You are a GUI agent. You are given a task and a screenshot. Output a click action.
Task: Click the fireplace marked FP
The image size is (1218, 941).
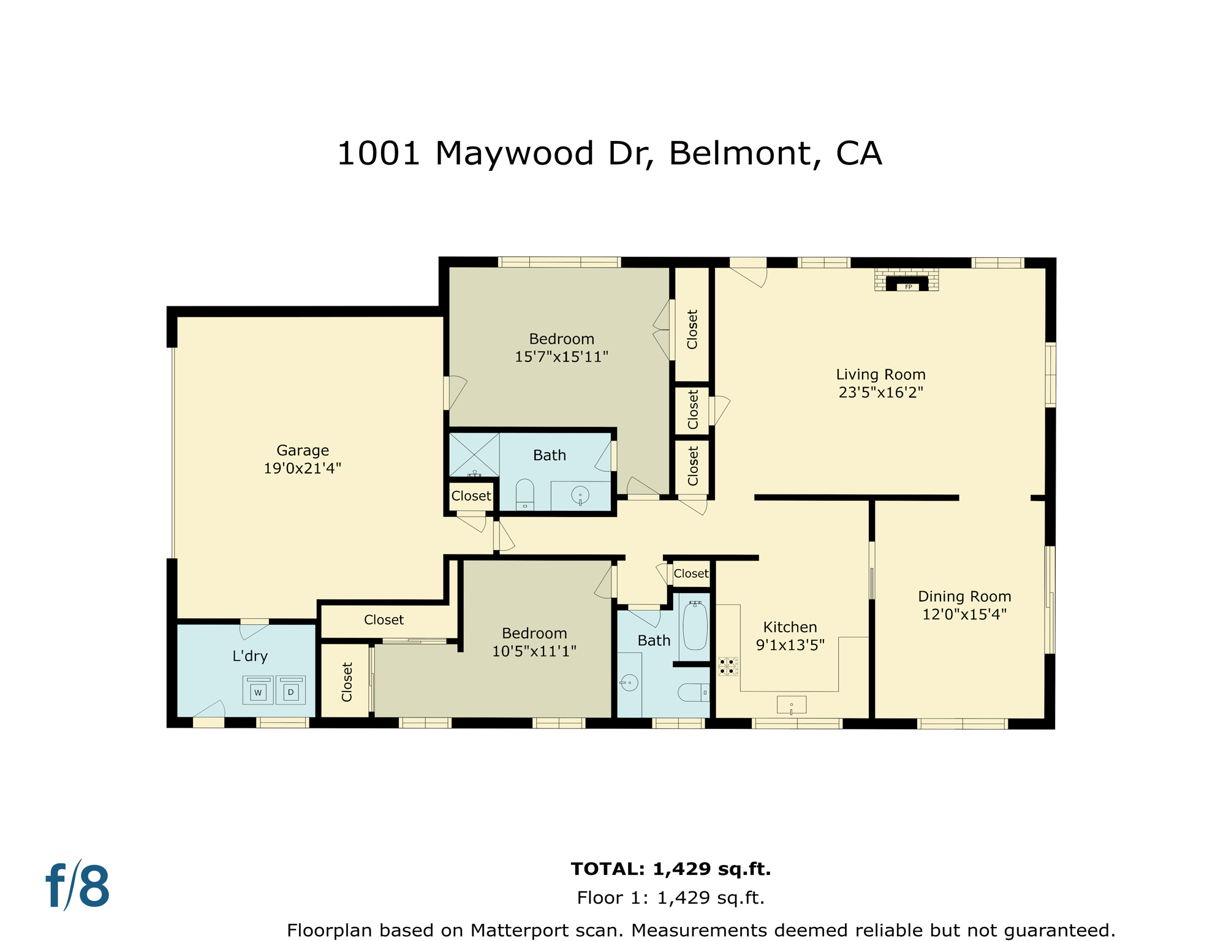point(907,284)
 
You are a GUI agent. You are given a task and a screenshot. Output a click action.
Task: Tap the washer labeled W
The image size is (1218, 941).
point(258,692)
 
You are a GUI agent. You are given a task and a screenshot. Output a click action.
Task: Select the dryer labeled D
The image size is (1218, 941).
point(291,692)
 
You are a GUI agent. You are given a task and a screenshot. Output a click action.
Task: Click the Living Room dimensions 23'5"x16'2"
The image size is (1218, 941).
point(880,393)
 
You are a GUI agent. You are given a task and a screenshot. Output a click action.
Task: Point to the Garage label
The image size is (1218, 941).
point(303,451)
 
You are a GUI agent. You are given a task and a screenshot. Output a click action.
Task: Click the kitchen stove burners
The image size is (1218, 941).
point(727,667)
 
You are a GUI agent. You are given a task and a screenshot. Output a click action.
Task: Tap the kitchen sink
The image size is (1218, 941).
point(791,705)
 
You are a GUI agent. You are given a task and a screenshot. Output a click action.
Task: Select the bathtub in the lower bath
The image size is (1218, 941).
point(695,626)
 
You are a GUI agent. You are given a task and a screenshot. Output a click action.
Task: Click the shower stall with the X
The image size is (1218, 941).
point(474,455)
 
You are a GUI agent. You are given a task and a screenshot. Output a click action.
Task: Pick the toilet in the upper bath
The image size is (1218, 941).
point(525,494)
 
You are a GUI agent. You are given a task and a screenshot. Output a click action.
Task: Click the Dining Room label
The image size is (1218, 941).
point(964,597)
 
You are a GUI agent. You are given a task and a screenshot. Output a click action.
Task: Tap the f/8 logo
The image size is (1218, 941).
point(78,886)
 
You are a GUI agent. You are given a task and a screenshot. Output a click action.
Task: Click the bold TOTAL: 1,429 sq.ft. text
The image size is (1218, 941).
point(670,869)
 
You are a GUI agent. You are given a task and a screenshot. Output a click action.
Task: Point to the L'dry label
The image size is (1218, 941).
point(250,656)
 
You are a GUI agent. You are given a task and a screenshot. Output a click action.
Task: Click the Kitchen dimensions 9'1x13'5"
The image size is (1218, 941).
point(790,645)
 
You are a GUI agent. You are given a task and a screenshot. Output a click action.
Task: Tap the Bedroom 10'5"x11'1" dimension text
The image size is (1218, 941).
point(534,651)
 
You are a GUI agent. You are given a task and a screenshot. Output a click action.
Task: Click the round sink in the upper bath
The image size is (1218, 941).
point(580,495)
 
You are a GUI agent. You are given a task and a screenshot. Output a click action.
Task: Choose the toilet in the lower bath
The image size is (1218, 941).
point(693,692)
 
